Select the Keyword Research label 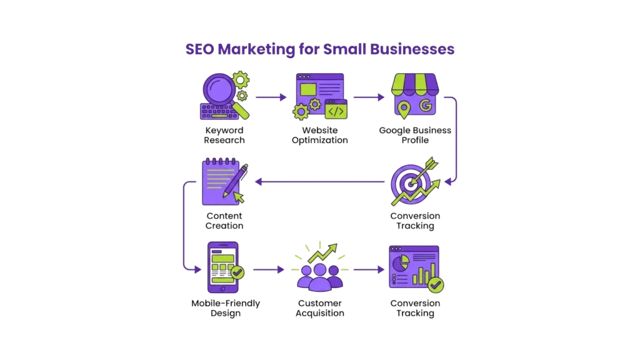pyautogui.click(x=224, y=135)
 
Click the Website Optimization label pyautogui.click(x=319, y=135)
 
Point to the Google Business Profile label pyautogui.click(x=415, y=135)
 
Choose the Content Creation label pyautogui.click(x=224, y=221)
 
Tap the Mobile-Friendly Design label pyautogui.click(x=225, y=308)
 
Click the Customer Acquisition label pyautogui.click(x=319, y=308)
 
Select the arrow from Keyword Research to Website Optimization pyautogui.click(x=271, y=97)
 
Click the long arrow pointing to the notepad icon pyautogui.click(x=319, y=182)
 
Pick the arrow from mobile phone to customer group pyautogui.click(x=268, y=270)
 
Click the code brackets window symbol pyautogui.click(x=336, y=111)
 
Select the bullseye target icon pyautogui.click(x=410, y=184)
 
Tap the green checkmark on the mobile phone pyautogui.click(x=237, y=273)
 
